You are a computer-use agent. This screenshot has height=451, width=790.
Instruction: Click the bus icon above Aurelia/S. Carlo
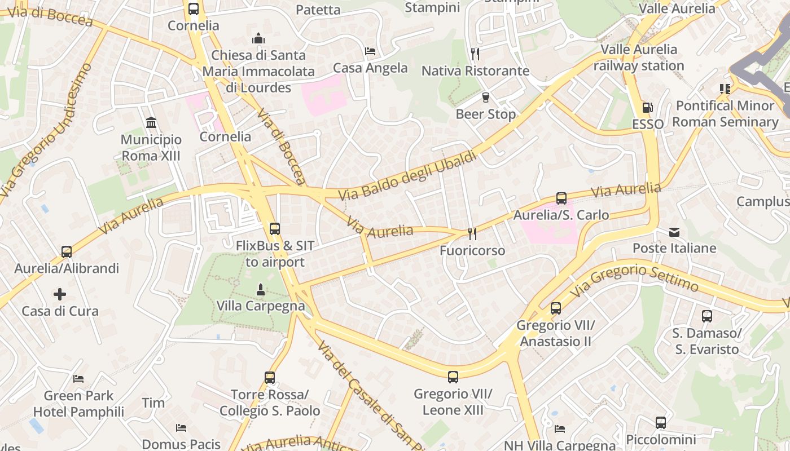click(561, 198)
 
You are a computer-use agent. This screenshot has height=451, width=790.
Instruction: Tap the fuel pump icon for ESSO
click(647, 108)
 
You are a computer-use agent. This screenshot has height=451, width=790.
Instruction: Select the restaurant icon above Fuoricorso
click(472, 233)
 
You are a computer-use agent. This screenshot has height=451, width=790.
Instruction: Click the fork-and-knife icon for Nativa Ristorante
click(475, 54)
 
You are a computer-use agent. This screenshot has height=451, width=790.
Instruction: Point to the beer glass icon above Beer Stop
click(485, 98)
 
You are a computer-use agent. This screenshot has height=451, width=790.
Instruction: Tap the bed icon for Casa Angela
click(370, 51)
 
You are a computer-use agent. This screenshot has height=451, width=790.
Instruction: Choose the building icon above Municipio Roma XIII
click(151, 122)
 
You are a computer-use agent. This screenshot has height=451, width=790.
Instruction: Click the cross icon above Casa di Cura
click(60, 294)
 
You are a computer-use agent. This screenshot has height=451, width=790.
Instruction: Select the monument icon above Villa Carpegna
click(261, 290)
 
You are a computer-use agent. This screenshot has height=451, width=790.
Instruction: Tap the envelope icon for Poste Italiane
click(674, 232)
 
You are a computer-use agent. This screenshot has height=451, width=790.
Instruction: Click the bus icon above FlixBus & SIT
click(275, 229)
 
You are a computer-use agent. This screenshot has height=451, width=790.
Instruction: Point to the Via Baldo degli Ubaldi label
click(407, 176)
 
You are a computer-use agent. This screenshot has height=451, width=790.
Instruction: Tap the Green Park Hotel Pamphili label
click(78, 404)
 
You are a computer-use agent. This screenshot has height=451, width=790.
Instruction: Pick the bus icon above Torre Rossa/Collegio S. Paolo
click(270, 378)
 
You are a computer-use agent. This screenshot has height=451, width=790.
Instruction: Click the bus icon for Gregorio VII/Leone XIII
click(453, 377)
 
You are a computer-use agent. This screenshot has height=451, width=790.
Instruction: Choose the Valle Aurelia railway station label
click(639, 58)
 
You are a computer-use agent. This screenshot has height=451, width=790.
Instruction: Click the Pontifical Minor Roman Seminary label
click(725, 114)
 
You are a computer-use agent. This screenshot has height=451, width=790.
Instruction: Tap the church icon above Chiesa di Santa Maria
click(258, 39)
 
